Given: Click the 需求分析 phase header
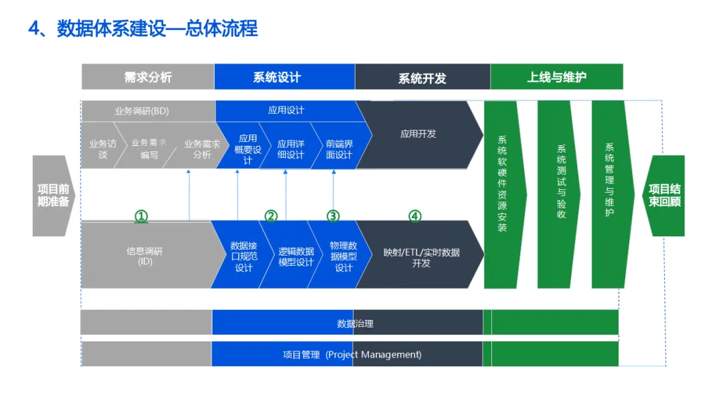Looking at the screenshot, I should [148, 77].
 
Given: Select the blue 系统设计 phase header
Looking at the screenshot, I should [277, 77].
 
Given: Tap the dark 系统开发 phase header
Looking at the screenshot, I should [422, 78].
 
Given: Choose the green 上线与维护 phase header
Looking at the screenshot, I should [556, 77].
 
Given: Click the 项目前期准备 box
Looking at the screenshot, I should [53, 195].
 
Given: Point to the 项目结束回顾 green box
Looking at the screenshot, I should [664, 195].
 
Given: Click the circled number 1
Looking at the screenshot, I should [141, 216].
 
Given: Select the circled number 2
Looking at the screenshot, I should [270, 216].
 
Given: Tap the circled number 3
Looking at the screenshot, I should [333, 216].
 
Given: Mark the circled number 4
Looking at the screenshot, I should [415, 216].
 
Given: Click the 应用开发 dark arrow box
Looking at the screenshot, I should [418, 134].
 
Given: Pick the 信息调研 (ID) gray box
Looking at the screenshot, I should [145, 256].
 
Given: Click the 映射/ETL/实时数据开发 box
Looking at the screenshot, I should [421, 257].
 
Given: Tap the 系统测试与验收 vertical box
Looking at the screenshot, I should [561, 182].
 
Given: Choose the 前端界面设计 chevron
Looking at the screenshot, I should [339, 149].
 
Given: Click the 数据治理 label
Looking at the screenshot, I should [355, 323].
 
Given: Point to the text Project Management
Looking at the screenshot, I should [375, 355].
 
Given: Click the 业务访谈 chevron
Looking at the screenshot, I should [102, 149].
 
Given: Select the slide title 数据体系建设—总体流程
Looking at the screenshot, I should [157, 29].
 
